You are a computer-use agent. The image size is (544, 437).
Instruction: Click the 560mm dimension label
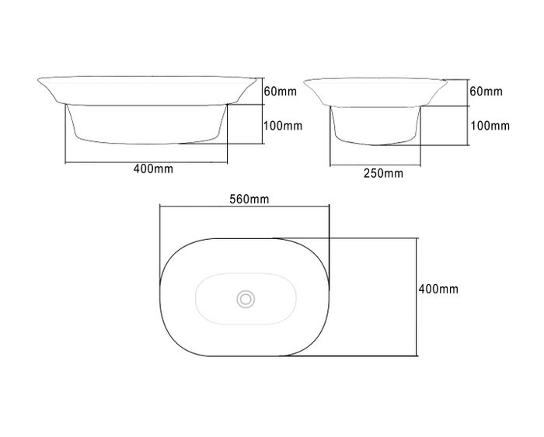(x=249, y=199)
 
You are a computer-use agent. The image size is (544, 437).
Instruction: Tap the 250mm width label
(x=383, y=173)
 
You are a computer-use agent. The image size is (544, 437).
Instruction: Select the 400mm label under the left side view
(x=153, y=168)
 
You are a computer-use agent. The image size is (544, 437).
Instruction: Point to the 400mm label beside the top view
(x=438, y=289)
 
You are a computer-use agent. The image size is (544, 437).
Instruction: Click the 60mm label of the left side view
(x=281, y=92)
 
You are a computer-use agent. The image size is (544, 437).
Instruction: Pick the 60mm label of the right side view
(x=486, y=91)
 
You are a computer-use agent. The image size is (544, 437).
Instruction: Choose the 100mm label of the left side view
(x=283, y=126)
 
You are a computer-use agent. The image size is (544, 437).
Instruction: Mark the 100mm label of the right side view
(x=490, y=126)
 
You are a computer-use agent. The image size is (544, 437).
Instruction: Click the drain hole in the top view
(x=246, y=299)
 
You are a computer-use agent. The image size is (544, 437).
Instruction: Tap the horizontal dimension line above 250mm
(x=375, y=165)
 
